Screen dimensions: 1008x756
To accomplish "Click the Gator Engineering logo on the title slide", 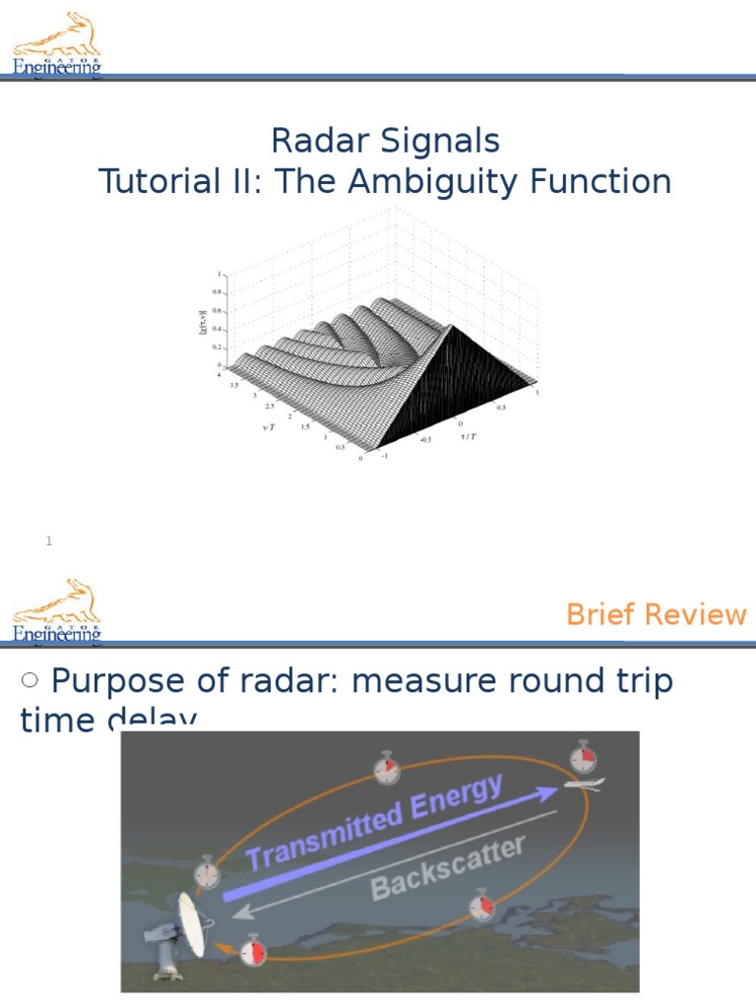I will pos(57,44).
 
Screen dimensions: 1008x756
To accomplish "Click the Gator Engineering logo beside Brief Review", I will pos(57,611).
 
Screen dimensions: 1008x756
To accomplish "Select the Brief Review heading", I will pos(656,614).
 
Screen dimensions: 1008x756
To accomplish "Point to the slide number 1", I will pos(48,540).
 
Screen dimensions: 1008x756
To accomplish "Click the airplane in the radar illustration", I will pos(584,784).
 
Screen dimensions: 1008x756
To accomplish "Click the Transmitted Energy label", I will pos(374,822).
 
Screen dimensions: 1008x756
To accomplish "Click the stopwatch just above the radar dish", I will pos(207,871).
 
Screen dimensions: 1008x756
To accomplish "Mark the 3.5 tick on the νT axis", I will pos(234,386).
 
